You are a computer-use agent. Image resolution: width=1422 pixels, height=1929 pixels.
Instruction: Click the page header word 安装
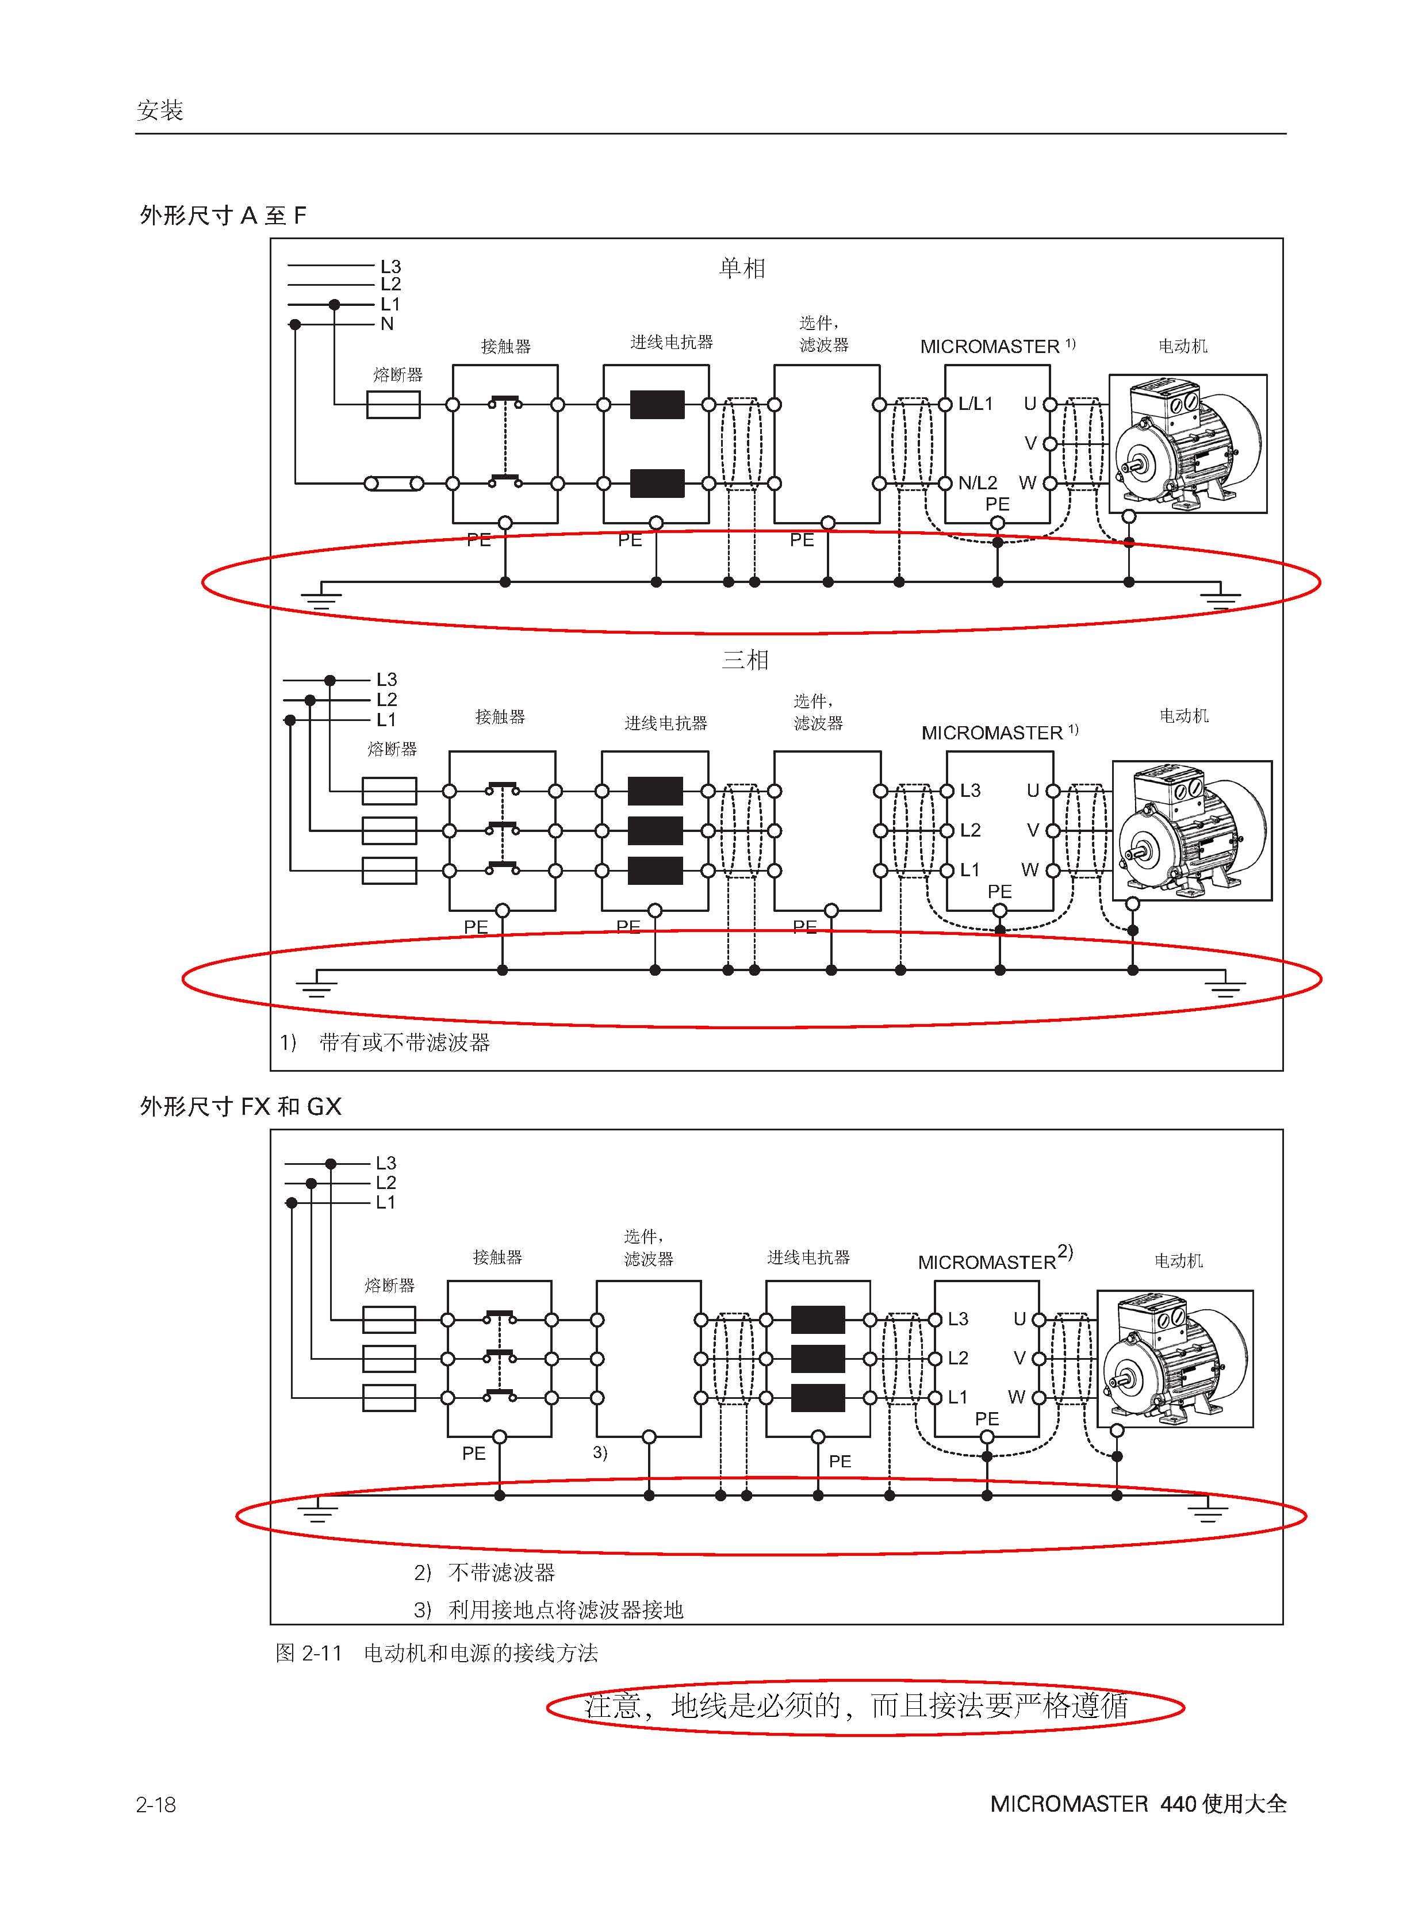click(159, 110)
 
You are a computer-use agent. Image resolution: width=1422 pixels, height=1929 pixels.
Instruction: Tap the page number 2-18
click(156, 1803)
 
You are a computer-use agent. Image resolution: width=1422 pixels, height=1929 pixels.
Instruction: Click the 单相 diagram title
click(742, 268)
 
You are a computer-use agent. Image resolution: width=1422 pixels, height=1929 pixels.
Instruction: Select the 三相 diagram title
click(745, 660)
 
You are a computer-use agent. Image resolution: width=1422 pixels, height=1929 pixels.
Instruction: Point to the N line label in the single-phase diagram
click(388, 324)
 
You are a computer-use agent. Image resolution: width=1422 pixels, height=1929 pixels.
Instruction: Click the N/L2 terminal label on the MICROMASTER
click(978, 483)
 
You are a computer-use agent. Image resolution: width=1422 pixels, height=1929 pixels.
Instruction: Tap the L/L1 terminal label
click(976, 404)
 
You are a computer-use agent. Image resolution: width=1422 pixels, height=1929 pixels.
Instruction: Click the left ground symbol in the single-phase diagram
click(320, 596)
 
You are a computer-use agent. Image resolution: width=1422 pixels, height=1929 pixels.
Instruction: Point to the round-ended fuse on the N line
click(393, 484)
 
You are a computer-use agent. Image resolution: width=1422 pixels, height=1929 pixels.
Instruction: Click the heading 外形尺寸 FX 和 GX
click(240, 1106)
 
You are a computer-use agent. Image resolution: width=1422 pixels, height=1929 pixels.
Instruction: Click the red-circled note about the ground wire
click(856, 1705)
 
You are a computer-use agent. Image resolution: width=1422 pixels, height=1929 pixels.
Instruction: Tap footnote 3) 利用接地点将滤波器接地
click(549, 1610)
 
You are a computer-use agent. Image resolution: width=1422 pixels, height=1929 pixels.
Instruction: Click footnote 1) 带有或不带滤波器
click(385, 1042)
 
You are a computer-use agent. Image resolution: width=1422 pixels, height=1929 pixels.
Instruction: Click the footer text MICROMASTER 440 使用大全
click(1138, 1803)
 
